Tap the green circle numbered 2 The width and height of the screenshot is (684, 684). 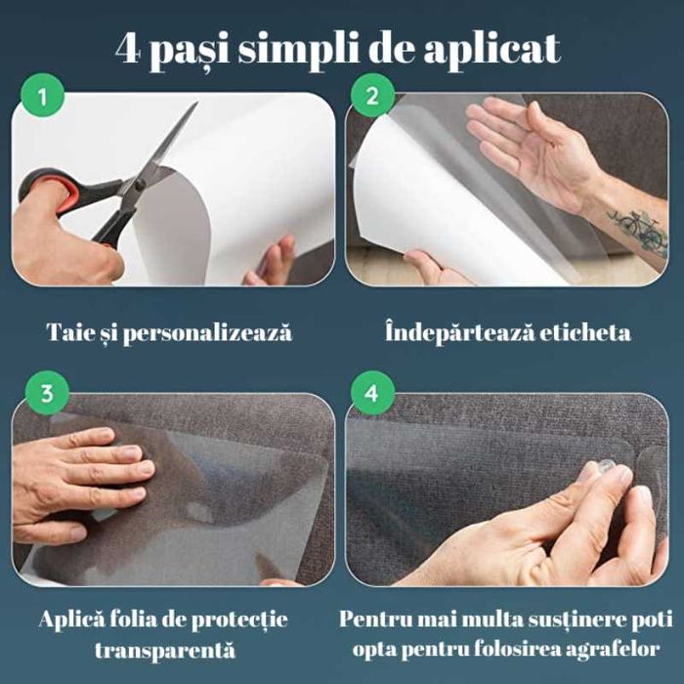point(372,98)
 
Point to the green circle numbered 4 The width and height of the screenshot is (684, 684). point(372,395)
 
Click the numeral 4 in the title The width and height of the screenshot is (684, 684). point(129,47)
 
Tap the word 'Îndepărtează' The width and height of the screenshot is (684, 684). point(448,333)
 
